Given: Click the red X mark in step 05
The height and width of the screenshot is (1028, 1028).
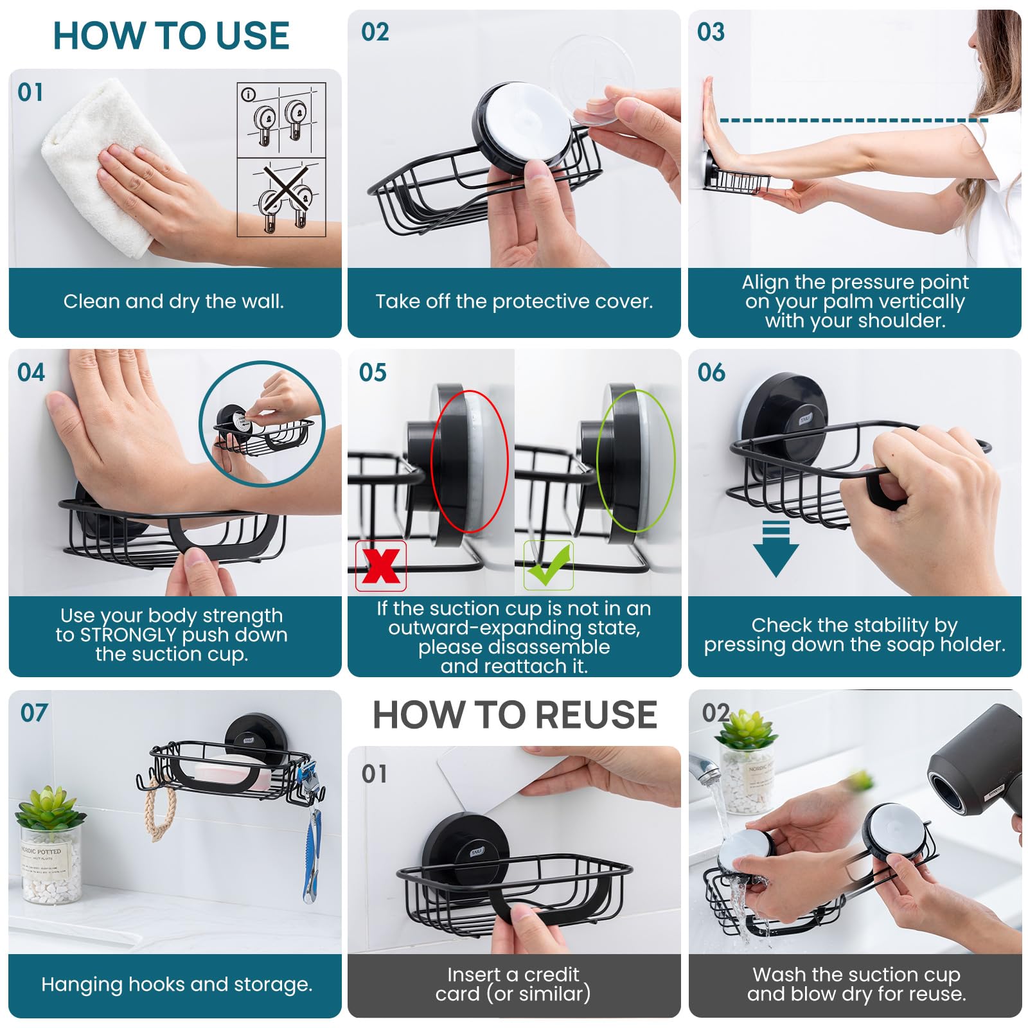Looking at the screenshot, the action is (x=381, y=565).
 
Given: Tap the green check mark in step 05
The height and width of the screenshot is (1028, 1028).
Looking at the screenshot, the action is (x=548, y=565).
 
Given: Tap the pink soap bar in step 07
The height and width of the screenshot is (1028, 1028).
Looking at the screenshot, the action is (x=235, y=777).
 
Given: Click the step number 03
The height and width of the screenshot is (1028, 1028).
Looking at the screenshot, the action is (x=711, y=31).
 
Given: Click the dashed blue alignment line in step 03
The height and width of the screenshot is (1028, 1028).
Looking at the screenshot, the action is (x=854, y=120).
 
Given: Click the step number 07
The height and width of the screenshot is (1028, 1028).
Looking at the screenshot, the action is (x=34, y=713).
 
